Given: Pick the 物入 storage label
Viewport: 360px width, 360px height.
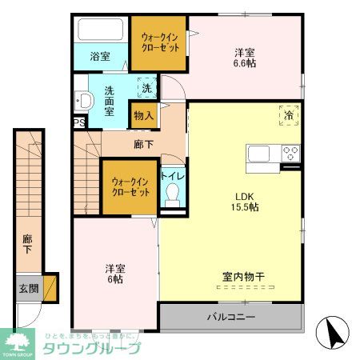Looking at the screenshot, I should pyautogui.click(x=143, y=116).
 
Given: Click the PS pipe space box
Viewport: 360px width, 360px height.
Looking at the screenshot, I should pyautogui.click(x=78, y=122).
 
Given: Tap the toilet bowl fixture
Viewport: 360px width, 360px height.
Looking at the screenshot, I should pyautogui.click(x=170, y=194).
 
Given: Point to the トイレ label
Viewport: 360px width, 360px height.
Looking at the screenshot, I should pyautogui.click(x=170, y=174).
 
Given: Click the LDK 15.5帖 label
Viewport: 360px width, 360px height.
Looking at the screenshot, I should pyautogui.click(x=245, y=201).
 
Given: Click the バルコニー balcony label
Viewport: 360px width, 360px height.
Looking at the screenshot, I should pyautogui.click(x=231, y=317).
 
